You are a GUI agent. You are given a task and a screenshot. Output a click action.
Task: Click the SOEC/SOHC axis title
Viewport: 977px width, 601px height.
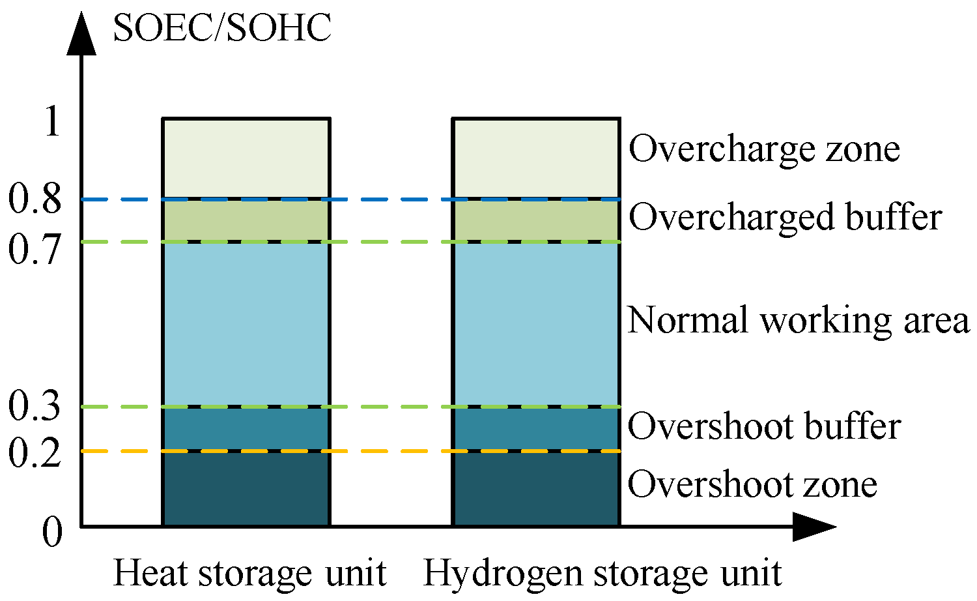[222, 28]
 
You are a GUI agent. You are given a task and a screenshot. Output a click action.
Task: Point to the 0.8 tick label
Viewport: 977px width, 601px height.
[35, 199]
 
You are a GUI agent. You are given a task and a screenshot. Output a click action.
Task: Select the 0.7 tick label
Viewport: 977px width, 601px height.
[35, 248]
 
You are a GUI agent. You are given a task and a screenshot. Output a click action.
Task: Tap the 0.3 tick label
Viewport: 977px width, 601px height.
[35, 407]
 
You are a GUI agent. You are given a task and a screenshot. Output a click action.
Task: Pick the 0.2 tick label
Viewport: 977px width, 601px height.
[35, 452]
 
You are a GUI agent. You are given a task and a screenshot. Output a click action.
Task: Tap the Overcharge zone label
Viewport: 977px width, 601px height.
[764, 149]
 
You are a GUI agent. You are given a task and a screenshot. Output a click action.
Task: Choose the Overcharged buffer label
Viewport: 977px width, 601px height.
[785, 217]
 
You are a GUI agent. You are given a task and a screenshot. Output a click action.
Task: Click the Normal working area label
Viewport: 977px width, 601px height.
[799, 320]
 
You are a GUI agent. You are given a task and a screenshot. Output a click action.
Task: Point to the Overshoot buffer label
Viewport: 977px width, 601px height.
[764, 426]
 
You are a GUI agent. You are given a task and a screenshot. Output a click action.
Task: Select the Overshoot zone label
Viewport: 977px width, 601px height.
[752, 484]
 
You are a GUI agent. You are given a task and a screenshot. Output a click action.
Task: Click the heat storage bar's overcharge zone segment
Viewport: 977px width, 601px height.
[246, 158]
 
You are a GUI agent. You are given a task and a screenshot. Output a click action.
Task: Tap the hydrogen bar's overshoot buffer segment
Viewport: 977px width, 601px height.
[536, 429]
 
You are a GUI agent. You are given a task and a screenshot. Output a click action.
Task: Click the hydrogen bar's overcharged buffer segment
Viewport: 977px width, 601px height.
[536, 220]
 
